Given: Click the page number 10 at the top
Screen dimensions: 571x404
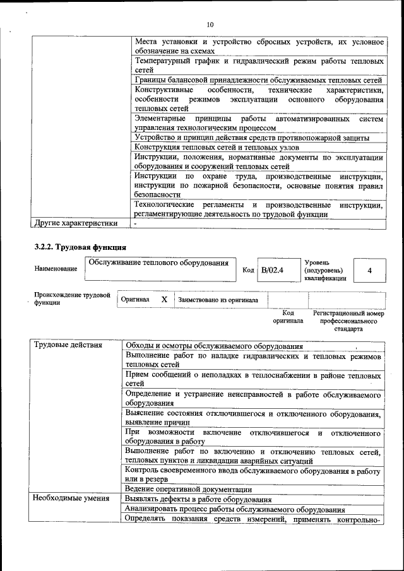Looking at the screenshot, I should pyautogui.click(x=210, y=25).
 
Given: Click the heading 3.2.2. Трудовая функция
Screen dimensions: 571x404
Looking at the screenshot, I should pyautogui.click(x=80, y=245).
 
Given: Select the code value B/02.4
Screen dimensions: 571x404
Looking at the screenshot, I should pyautogui.click(x=273, y=270).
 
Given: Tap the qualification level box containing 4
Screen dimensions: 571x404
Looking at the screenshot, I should pyautogui.click(x=369, y=270).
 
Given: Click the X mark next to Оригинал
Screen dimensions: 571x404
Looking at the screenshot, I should pyautogui.click(x=164, y=300).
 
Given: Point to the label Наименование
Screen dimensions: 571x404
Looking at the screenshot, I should pyautogui.click(x=56, y=269).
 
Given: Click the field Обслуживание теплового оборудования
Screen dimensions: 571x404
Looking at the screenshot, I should pyautogui.click(x=158, y=262).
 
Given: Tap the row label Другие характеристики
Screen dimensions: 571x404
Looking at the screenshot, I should pyautogui.click(x=76, y=223).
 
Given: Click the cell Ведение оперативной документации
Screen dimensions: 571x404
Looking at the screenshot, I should pyautogui.click(x=189, y=489).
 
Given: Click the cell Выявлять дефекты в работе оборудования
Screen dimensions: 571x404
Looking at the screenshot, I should pyautogui.click(x=198, y=498).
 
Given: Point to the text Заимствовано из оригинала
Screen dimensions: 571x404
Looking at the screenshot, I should pyautogui.click(x=218, y=300).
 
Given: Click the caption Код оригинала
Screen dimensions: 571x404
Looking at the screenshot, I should pyautogui.click(x=288, y=317).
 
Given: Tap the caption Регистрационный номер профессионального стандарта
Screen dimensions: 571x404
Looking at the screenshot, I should pyautogui.click(x=348, y=321).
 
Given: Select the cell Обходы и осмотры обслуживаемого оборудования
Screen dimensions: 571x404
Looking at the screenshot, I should pyautogui.click(x=214, y=346).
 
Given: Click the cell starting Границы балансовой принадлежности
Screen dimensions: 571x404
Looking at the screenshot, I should pyautogui.click(x=258, y=80).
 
